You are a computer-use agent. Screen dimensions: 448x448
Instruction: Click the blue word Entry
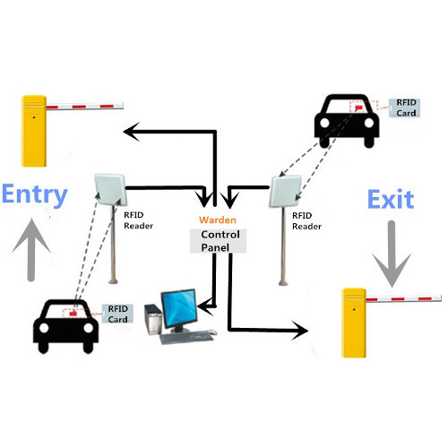point(35,194)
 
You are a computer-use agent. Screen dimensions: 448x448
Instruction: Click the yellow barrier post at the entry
point(35,131)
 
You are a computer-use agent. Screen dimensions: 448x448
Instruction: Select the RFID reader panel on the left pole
point(109,189)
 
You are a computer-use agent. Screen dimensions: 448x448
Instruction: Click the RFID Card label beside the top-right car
point(407,108)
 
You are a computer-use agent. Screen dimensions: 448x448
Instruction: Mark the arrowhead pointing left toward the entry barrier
point(131,133)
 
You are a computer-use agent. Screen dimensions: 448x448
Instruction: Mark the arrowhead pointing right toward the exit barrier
point(301,331)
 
